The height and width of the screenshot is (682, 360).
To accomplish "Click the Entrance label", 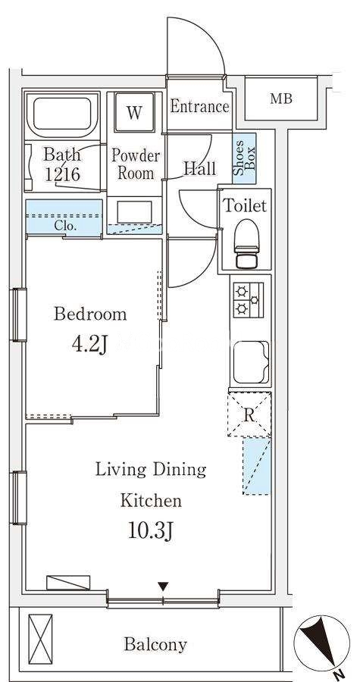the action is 199,107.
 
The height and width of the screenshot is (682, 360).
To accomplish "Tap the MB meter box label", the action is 281,99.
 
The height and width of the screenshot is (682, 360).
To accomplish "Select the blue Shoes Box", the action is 244,158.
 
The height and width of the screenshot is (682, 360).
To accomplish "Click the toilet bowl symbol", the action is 246,243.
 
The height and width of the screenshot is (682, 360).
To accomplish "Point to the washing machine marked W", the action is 134,113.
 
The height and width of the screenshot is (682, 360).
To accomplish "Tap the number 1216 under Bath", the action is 63,174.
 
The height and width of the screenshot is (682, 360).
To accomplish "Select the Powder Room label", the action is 136,164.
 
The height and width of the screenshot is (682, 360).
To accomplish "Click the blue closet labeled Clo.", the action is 64,217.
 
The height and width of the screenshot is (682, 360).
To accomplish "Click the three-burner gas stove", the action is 249,299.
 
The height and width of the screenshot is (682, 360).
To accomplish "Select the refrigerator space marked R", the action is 249,415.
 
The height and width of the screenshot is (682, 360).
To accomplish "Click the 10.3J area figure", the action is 150,531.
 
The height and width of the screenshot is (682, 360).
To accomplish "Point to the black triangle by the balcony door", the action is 163,587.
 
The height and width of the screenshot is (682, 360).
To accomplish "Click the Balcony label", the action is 155,643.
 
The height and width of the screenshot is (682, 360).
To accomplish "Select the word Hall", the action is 199,168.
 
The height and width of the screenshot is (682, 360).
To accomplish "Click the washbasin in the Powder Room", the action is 135,211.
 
